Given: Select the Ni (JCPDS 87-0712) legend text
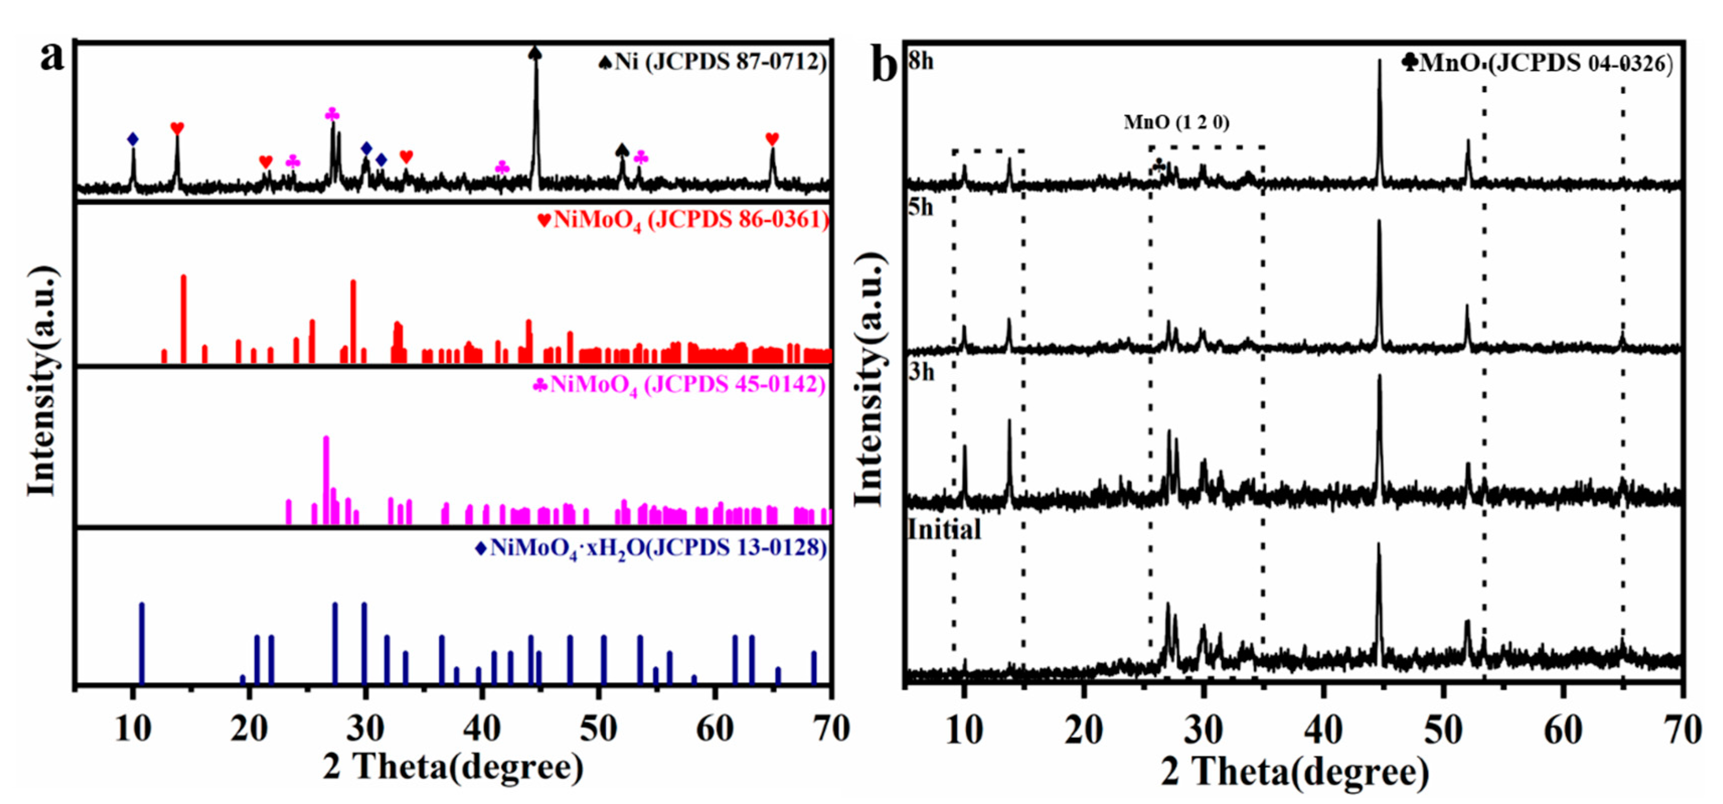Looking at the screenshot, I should (713, 62).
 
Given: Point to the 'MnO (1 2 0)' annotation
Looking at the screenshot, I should (1176, 122).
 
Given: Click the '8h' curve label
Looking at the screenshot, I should (921, 61).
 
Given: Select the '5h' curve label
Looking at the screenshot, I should (921, 208).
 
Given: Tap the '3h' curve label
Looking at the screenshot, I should (921, 372).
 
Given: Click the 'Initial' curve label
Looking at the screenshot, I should (944, 530).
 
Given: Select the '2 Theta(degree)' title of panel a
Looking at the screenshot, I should (453, 767).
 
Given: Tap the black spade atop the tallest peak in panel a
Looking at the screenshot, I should (535, 53).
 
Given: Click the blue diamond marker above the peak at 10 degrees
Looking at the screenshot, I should (133, 139).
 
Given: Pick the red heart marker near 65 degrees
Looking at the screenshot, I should (772, 139).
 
